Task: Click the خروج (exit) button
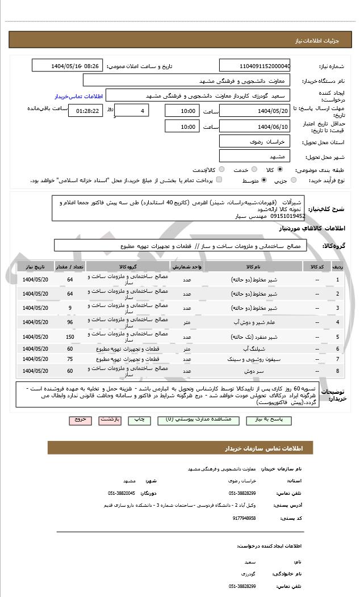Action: (x=79, y=420)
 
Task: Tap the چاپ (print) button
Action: (x=139, y=420)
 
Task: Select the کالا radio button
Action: (x=280, y=170)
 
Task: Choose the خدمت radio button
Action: (x=253, y=170)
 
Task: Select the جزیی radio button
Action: (x=294, y=180)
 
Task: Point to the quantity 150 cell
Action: (x=70, y=337)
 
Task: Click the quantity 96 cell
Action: (x=70, y=322)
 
